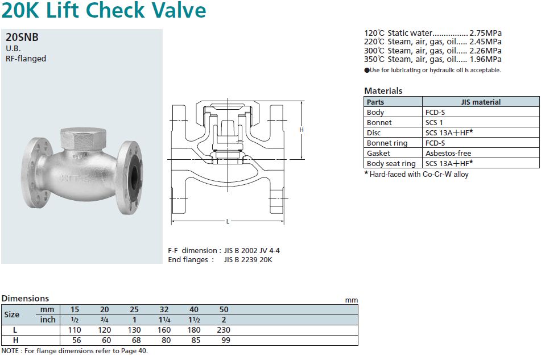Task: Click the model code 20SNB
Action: click(x=22, y=38)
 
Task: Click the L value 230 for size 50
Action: click(x=224, y=330)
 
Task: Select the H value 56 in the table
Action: click(x=75, y=340)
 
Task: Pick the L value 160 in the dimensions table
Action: click(x=164, y=330)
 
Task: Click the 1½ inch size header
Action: click(x=194, y=320)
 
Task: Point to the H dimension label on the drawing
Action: click(x=302, y=130)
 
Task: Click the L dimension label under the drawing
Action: click(x=228, y=221)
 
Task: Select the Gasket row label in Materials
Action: click(x=378, y=153)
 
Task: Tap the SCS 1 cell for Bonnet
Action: click(x=434, y=122)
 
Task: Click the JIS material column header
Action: click(x=481, y=102)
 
